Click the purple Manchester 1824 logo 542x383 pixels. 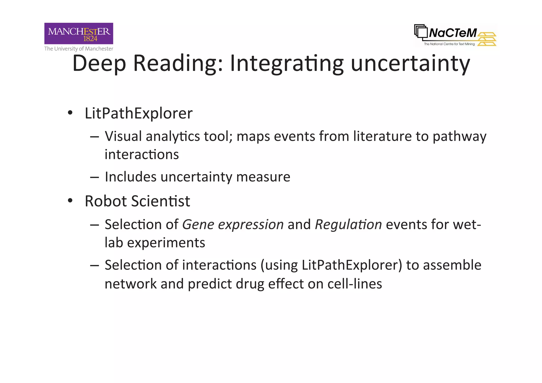click(79, 33)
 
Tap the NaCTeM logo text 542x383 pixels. click(453, 33)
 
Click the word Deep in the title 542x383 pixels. click(99, 64)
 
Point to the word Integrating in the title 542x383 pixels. click(287, 64)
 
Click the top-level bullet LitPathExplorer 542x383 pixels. click(138, 114)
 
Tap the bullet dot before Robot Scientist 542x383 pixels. click(70, 201)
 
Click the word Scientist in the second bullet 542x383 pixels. click(160, 201)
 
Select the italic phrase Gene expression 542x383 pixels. click(233, 225)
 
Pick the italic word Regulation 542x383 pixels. click(348, 225)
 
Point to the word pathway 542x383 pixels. click(459, 137)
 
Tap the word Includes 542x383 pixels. click(130, 177)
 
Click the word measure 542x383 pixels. click(263, 177)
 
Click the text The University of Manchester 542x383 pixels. click(79, 49)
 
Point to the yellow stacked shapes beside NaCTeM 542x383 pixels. click(487, 39)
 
